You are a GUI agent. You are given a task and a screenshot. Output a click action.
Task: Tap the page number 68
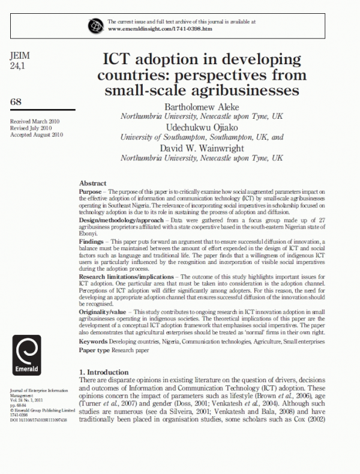16,102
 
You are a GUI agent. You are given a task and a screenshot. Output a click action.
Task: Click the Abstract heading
92,183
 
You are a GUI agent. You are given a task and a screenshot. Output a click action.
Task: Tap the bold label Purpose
91,190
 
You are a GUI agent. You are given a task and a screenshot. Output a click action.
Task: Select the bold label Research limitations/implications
124,275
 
